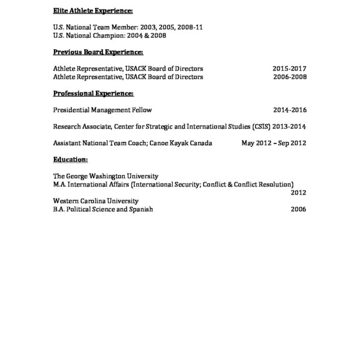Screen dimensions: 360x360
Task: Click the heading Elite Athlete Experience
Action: [x=93, y=11]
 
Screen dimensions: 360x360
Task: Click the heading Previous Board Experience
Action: [x=98, y=52]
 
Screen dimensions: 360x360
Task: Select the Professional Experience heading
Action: [x=93, y=94]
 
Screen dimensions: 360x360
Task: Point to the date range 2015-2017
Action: [x=290, y=69]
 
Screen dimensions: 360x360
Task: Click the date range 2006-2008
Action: [x=290, y=77]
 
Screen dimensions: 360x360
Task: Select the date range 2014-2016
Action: [x=290, y=110]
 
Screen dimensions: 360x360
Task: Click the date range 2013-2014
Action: [x=290, y=127]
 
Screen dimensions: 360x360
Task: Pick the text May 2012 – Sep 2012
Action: [x=274, y=143]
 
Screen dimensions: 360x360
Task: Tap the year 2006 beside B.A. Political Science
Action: [x=298, y=209]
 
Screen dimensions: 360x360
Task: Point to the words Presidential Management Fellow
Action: [x=103, y=110]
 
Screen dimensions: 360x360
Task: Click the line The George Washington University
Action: [x=106, y=176]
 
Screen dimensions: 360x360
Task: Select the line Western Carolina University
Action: [x=96, y=201]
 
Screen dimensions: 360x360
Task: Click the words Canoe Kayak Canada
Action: [x=188, y=143]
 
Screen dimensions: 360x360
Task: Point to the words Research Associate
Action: [x=79, y=127]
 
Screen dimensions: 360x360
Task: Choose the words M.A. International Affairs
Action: [x=91, y=184]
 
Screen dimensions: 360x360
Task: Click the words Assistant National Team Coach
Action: [x=99, y=143]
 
